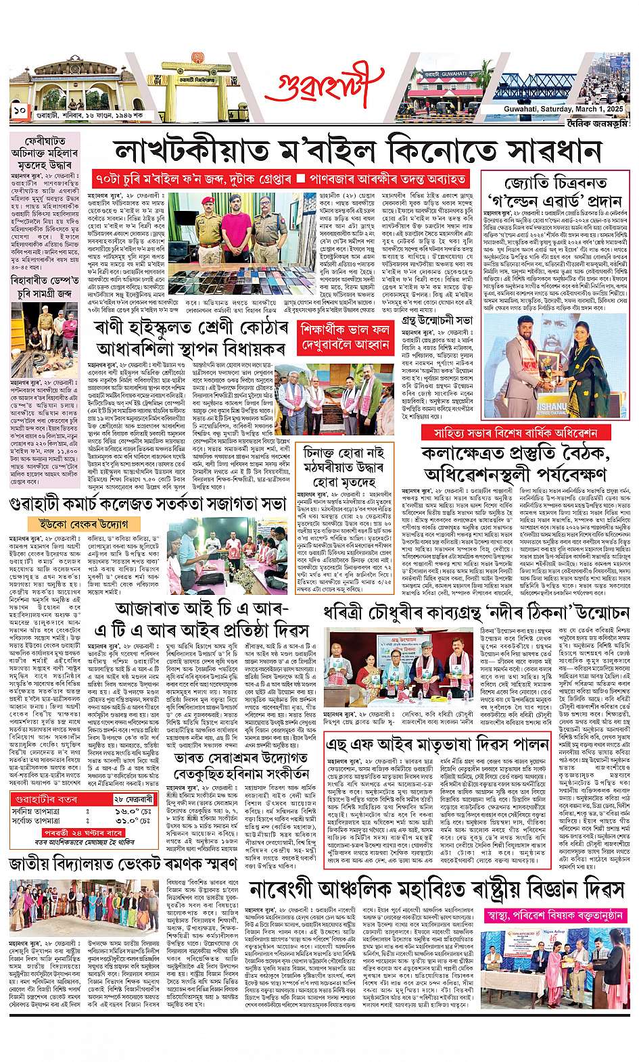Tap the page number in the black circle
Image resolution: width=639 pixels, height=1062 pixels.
pyautogui.click(x=18, y=109)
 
